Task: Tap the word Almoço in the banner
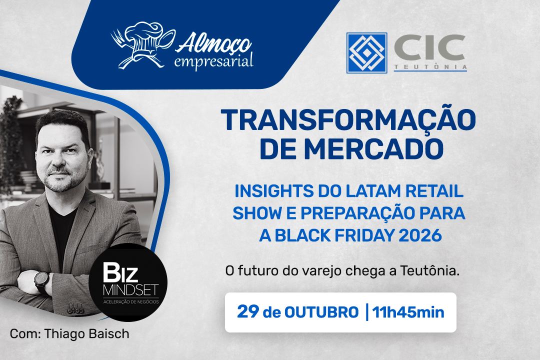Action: pos(213,43)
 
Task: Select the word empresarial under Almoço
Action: pos(213,62)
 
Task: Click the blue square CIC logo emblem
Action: pos(367,52)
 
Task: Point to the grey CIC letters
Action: pos(430,47)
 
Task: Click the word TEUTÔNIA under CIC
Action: pos(430,67)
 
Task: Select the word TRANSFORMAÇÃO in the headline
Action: pos(348,119)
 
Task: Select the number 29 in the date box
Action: pos(248,311)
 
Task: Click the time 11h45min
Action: pos(408,312)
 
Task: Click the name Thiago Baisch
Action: pos(87,334)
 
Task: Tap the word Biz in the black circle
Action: pos(120,272)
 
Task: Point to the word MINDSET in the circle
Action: pos(130,290)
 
